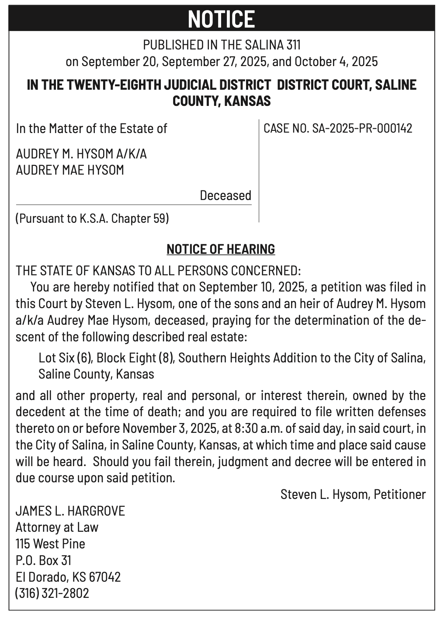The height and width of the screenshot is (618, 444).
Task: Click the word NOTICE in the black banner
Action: click(x=222, y=19)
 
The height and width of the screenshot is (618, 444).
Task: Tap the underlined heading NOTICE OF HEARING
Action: click(x=221, y=249)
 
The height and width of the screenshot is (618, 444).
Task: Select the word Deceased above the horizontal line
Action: click(x=225, y=195)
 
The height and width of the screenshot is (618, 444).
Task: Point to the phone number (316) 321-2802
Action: click(x=52, y=593)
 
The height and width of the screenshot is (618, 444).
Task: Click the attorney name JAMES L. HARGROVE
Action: click(x=70, y=511)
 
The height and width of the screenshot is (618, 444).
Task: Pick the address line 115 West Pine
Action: click(x=50, y=544)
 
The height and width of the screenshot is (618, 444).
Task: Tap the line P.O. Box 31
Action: click(x=43, y=560)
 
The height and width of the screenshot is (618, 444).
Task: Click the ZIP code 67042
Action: click(x=104, y=577)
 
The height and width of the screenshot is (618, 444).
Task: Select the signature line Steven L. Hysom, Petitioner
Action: click(x=353, y=494)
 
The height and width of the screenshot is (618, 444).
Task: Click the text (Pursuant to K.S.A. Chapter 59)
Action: click(x=92, y=218)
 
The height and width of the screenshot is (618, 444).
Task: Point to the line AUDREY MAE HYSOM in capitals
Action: click(x=70, y=170)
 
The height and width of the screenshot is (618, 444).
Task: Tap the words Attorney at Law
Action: click(x=57, y=527)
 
